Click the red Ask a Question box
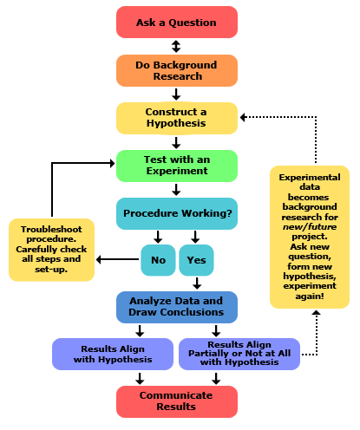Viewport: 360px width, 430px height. click(x=177, y=23)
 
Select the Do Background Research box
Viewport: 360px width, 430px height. click(x=177, y=71)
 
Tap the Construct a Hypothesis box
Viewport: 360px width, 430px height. click(x=177, y=118)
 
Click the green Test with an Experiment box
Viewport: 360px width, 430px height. click(x=177, y=166)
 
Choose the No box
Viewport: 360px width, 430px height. click(x=158, y=258)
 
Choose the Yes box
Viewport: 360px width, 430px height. click(x=196, y=258)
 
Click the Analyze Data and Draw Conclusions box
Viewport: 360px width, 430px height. click(x=177, y=306)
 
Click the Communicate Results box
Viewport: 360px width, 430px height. click(x=177, y=401)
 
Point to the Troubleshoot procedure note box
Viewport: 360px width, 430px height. click(x=52, y=250)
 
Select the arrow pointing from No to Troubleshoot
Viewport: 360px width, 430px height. click(x=118, y=258)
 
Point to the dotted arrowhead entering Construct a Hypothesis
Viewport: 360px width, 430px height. click(x=244, y=116)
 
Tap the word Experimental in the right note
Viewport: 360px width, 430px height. click(x=309, y=177)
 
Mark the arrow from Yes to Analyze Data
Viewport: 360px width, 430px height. click(x=197, y=283)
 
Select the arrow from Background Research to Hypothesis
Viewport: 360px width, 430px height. click(x=177, y=94)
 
